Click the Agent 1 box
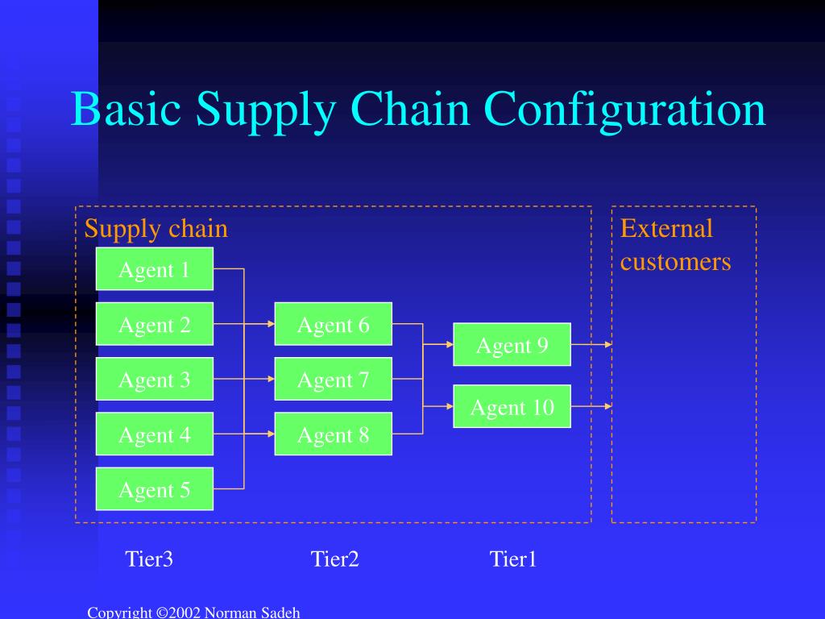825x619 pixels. pyautogui.click(x=155, y=269)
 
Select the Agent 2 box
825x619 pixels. pyautogui.click(x=155, y=324)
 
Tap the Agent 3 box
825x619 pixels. pyautogui.click(x=155, y=379)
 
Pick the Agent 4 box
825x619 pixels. pyautogui.click(x=155, y=434)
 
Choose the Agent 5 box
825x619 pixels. pyautogui.click(x=155, y=489)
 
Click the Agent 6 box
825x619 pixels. pyautogui.click(x=333, y=324)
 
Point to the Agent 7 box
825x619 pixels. pyautogui.click(x=333, y=379)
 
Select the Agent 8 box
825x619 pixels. pyautogui.click(x=333, y=434)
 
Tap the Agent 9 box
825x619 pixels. pyautogui.click(x=512, y=345)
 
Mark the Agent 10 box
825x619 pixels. pyautogui.click(x=512, y=407)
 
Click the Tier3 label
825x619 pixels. pyautogui.click(x=149, y=559)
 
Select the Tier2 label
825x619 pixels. pyautogui.click(x=334, y=559)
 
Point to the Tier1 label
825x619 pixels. pyautogui.click(x=513, y=559)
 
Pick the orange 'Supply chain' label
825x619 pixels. pyautogui.click(x=156, y=229)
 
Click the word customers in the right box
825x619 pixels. pyautogui.click(x=675, y=262)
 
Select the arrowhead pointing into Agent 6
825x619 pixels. pyautogui.click(x=270, y=324)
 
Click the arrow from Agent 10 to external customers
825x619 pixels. pyautogui.click(x=591, y=407)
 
